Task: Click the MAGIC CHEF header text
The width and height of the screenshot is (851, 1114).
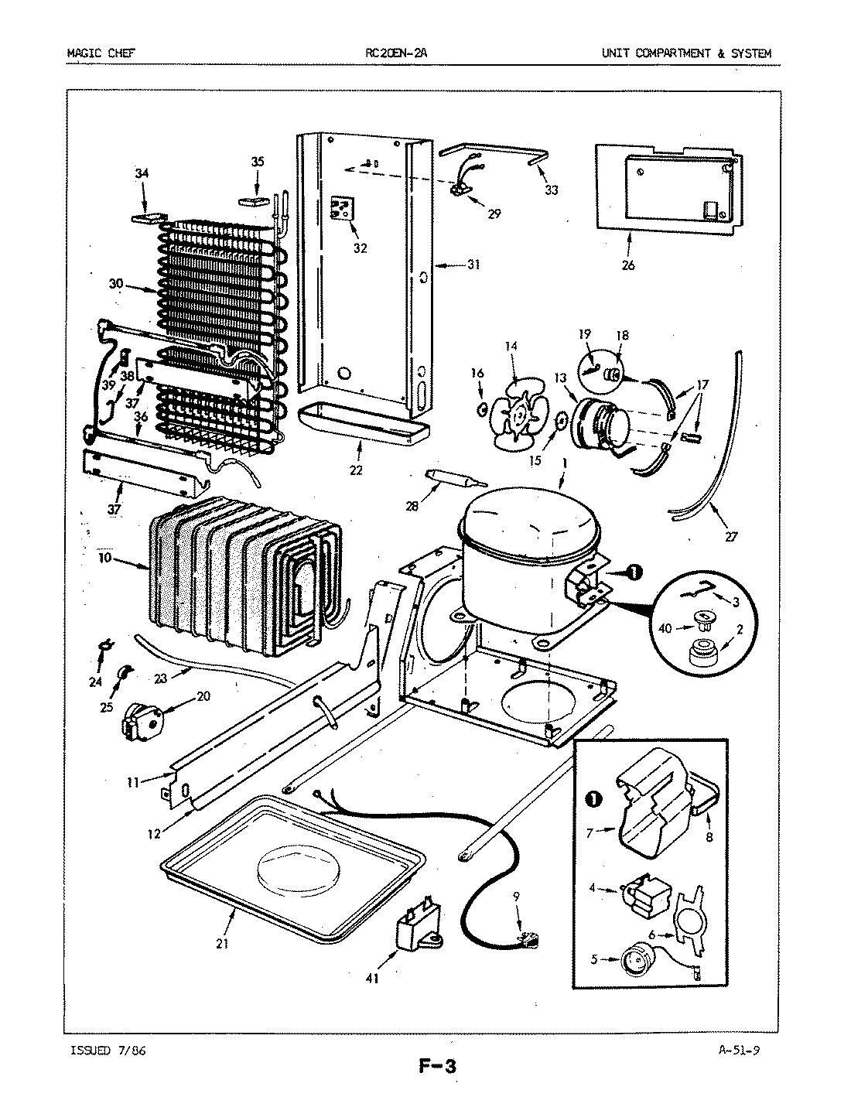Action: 97,53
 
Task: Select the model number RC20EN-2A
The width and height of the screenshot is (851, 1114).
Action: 395,53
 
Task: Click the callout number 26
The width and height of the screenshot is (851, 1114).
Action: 627,265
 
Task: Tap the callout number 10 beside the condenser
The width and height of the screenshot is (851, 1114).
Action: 105,557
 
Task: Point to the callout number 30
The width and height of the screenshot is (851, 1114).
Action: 116,285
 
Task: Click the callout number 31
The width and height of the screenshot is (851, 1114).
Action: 473,265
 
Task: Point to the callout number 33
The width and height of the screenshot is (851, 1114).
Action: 550,190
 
